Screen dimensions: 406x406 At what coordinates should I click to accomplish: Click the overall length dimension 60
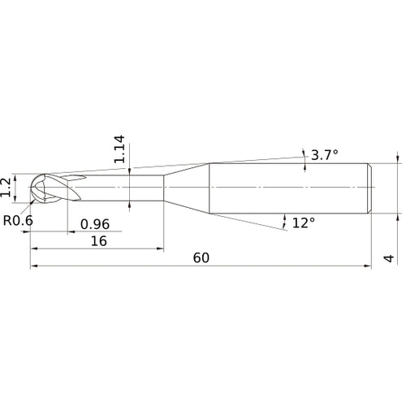201,257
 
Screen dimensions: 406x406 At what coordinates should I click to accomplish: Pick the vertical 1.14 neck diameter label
119,151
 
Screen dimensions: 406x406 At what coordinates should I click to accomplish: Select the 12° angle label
303,222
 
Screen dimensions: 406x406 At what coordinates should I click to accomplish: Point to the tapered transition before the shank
187,188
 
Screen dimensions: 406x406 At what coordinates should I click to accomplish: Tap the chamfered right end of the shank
371,188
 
